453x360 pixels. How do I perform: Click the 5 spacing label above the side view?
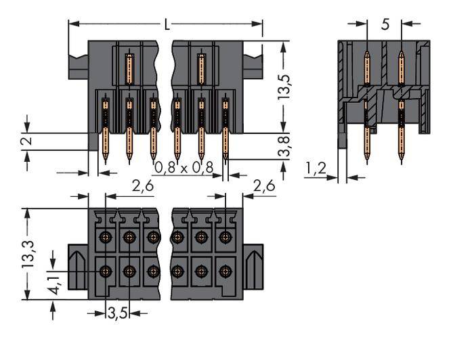(x=385, y=24)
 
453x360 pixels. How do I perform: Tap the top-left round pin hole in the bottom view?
(x=106, y=237)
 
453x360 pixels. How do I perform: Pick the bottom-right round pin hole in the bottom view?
(x=225, y=272)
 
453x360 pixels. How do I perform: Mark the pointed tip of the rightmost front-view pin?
(x=225, y=162)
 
